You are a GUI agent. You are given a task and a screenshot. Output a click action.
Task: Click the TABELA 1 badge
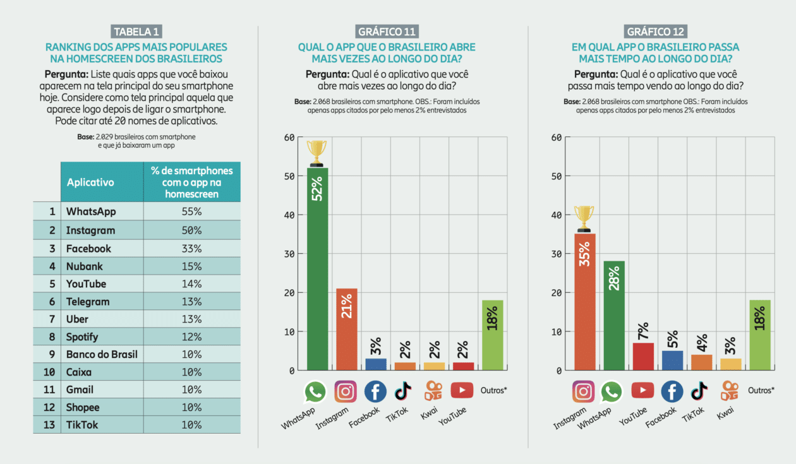(136, 32)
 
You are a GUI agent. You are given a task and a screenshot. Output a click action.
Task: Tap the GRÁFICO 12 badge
(656, 32)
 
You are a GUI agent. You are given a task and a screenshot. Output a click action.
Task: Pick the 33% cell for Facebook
(191, 249)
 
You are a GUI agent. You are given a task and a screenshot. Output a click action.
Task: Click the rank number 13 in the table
(48, 425)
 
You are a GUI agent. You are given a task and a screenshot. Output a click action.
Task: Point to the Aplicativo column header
(90, 182)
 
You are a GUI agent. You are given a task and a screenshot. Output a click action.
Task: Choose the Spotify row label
(82, 337)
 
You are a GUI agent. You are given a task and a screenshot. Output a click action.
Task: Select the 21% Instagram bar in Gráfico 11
(347, 328)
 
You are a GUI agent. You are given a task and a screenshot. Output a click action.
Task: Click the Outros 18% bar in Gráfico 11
(492, 335)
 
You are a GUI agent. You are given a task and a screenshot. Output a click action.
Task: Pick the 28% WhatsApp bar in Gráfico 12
(613, 316)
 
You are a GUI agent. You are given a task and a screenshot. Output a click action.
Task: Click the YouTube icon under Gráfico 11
(462, 391)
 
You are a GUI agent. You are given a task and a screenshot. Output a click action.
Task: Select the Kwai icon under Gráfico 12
(729, 391)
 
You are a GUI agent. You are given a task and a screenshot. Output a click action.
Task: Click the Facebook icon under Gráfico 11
(375, 392)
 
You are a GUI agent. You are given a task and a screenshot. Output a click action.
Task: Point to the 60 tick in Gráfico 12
(557, 137)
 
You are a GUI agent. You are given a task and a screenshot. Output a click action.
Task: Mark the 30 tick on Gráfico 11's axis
(289, 254)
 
